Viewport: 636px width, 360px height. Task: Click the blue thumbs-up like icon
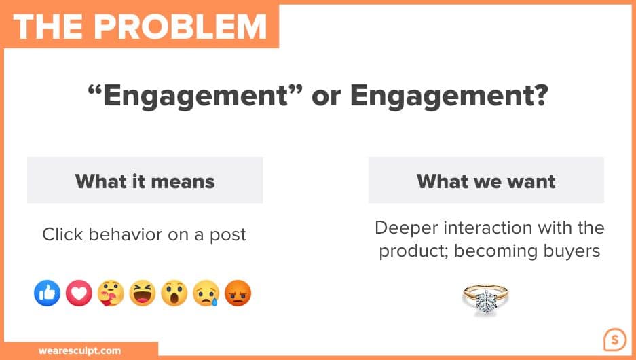pyautogui.click(x=47, y=293)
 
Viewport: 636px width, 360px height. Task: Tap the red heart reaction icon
pyautogui.click(x=79, y=293)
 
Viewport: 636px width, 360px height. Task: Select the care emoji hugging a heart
pyautogui.click(x=111, y=293)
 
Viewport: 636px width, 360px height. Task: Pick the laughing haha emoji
pyautogui.click(x=143, y=293)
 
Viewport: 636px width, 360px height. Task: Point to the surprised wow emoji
pyautogui.click(x=174, y=293)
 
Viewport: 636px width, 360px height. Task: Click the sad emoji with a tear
pyautogui.click(x=206, y=293)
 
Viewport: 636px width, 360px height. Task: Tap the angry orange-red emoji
pyautogui.click(x=238, y=293)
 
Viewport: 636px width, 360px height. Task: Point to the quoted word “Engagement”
pyautogui.click(x=195, y=96)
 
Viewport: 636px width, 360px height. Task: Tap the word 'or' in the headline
pyautogui.click(x=326, y=97)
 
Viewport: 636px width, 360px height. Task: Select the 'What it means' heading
pyautogui.click(x=145, y=181)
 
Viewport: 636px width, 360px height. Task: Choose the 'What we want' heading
pyautogui.click(x=486, y=181)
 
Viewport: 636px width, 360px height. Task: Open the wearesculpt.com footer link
pyautogui.click(x=80, y=350)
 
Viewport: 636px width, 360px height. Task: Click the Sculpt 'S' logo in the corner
pyautogui.click(x=615, y=340)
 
